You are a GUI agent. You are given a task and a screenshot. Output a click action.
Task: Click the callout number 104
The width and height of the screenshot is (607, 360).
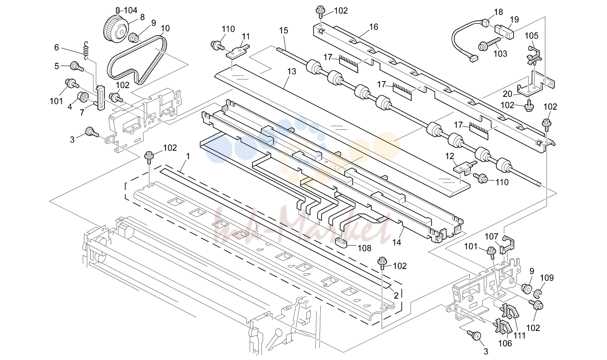click(x=131, y=11)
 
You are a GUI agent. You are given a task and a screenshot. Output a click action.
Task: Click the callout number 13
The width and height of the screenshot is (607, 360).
click(x=292, y=71)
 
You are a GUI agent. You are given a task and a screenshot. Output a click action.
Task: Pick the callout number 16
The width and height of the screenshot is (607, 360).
click(x=374, y=27)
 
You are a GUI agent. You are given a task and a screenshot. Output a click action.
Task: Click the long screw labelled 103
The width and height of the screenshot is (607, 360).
click(x=490, y=44)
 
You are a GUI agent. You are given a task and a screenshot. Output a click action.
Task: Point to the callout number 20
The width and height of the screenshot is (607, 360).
click(x=508, y=94)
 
